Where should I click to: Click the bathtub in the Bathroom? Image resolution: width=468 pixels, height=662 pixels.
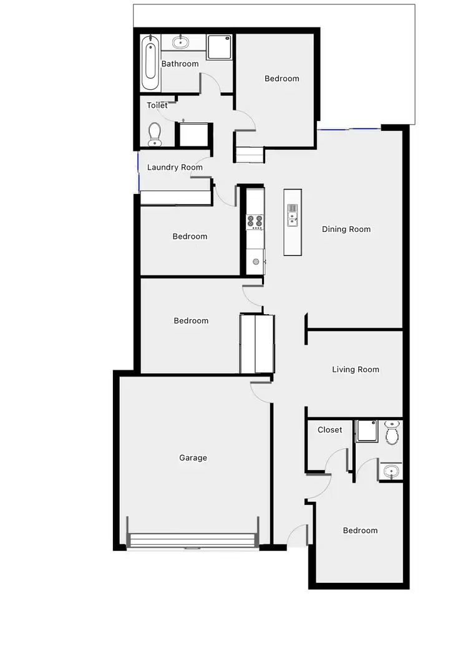(150, 64)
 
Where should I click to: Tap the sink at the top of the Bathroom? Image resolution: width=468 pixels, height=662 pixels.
(182, 42)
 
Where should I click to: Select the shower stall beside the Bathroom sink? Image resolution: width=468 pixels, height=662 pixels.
(219, 47)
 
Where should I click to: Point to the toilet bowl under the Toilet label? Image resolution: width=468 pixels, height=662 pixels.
(155, 133)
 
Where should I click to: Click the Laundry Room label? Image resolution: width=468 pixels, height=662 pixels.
(175, 167)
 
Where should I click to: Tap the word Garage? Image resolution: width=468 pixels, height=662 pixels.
(193, 458)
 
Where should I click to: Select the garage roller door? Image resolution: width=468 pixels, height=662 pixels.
(192, 540)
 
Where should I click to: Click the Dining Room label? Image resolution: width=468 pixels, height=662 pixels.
(346, 229)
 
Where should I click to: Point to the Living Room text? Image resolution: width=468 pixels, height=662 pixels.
(356, 369)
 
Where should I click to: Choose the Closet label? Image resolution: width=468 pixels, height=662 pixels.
(329, 429)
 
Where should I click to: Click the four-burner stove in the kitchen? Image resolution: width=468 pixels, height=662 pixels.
(255, 221)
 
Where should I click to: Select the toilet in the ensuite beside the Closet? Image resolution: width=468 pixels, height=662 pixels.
(392, 433)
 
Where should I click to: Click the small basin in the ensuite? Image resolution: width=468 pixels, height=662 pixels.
(391, 471)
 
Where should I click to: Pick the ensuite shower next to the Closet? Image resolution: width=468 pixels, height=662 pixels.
(366, 431)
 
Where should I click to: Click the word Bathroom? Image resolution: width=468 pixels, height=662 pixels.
(180, 64)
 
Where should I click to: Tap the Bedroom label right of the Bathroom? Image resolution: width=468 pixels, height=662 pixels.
(281, 79)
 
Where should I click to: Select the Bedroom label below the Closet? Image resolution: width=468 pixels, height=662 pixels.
(360, 530)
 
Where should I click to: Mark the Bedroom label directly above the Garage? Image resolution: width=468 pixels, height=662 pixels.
(191, 320)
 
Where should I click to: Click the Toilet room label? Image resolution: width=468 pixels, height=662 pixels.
(157, 105)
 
